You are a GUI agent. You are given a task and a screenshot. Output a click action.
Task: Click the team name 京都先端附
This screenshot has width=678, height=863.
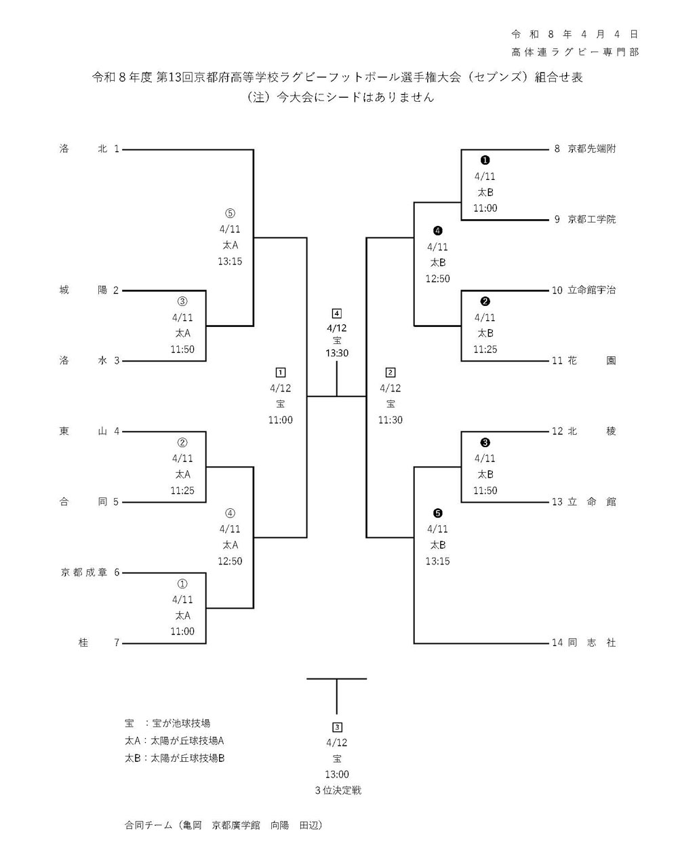click(592, 149)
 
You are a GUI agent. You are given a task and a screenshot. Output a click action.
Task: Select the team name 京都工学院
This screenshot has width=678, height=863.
click(592, 219)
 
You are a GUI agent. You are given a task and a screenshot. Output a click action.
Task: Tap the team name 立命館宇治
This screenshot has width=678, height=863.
click(592, 290)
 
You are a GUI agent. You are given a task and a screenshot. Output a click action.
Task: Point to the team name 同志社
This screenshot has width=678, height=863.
click(592, 643)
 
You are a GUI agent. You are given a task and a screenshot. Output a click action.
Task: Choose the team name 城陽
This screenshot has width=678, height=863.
click(84, 290)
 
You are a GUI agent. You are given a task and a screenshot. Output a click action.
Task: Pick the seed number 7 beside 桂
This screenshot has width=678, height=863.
click(116, 643)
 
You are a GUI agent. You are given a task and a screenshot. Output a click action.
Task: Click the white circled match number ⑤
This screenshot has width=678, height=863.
click(230, 212)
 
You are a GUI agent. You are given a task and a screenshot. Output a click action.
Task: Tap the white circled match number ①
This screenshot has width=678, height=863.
click(182, 583)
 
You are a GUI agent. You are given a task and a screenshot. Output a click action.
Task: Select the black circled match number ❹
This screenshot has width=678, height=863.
click(438, 231)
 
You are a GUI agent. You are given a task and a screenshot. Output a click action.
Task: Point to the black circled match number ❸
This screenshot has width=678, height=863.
click(485, 442)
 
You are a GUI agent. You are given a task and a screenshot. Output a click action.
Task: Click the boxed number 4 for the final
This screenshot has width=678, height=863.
click(336, 313)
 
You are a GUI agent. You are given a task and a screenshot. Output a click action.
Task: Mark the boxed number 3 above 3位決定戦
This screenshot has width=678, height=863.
click(337, 727)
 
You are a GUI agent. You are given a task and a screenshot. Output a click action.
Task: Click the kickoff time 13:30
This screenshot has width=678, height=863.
click(336, 353)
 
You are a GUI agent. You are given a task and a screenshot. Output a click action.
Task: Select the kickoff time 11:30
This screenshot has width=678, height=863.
click(391, 420)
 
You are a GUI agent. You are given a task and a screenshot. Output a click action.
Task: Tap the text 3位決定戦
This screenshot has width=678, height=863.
click(337, 790)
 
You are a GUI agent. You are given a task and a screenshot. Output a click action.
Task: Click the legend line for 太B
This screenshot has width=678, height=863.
click(174, 758)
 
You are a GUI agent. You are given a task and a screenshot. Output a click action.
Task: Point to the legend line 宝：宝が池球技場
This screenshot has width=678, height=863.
click(167, 723)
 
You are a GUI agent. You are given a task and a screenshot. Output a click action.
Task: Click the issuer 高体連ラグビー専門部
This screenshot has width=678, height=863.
click(575, 52)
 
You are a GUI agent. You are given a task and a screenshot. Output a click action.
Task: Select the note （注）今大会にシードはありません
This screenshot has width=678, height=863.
click(339, 97)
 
